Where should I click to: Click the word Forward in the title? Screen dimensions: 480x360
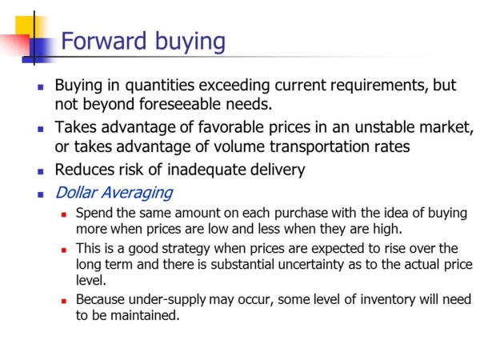click(x=104, y=41)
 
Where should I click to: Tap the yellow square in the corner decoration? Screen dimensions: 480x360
click(x=26, y=26)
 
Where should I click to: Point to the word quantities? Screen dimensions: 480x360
click(x=159, y=86)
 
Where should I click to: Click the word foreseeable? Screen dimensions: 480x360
click(x=180, y=104)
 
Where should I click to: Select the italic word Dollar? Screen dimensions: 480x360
click(x=77, y=193)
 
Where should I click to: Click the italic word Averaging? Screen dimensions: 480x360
click(x=138, y=194)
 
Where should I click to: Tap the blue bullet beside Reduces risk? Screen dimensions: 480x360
click(x=41, y=171)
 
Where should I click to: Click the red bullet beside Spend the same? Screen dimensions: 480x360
click(x=64, y=214)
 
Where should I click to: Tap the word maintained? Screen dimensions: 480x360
click(x=145, y=315)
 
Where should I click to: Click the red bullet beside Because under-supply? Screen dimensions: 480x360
click(x=64, y=302)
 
